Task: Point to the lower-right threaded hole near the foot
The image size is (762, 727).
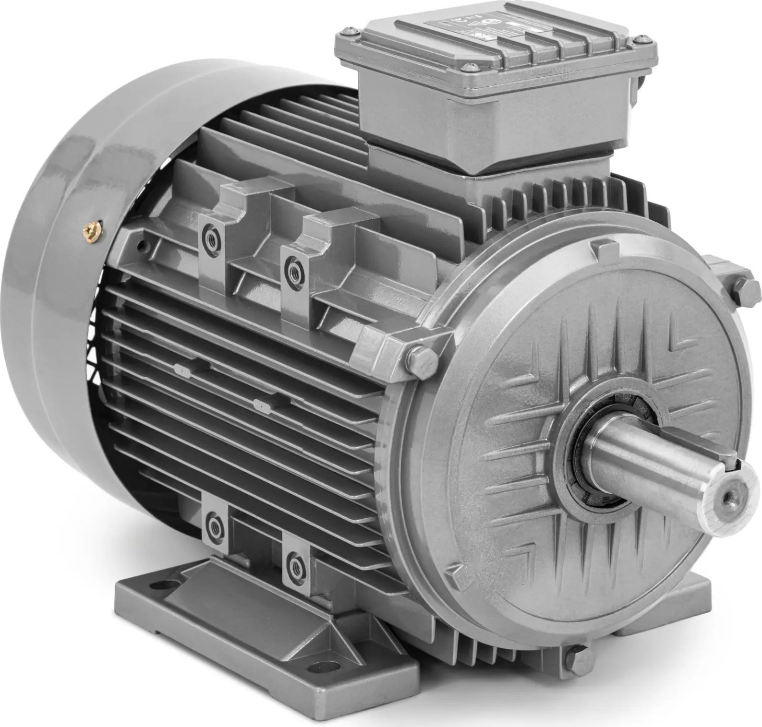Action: [x=293, y=561]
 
